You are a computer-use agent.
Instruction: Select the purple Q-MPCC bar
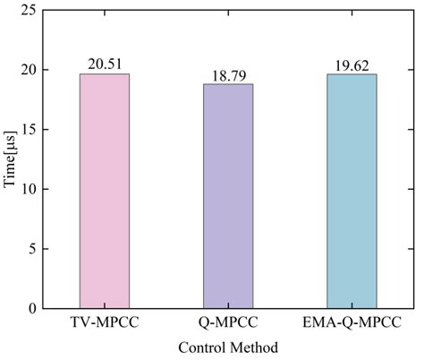pos(228,196)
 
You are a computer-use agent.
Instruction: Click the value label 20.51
pos(104,64)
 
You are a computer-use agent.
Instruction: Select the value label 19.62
pos(352,64)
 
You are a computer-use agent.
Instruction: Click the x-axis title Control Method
pos(227,347)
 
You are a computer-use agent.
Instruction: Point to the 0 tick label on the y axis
pos(33,309)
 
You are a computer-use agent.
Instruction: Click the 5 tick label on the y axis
pos(33,249)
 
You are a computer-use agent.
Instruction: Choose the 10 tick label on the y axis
pos(30,189)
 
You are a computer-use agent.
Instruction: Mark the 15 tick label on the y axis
pos(30,130)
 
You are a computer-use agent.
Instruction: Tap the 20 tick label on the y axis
pos(30,70)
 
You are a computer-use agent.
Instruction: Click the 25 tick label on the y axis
pos(30,11)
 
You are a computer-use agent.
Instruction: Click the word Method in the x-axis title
pos(253,347)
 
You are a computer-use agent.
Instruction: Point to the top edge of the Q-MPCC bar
pos(228,84)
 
